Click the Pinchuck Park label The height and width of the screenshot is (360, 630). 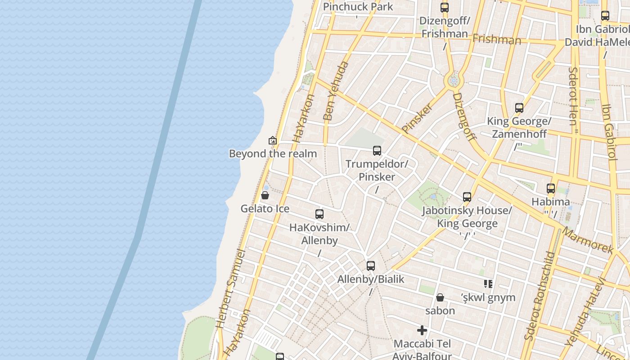[x=358, y=7]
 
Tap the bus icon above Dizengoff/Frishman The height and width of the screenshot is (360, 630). [x=445, y=7]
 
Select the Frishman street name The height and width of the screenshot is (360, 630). [x=497, y=40]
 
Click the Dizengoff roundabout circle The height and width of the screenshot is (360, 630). [x=454, y=81]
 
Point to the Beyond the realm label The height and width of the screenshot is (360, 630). [x=273, y=153]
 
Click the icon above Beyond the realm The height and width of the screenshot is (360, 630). [x=272, y=140]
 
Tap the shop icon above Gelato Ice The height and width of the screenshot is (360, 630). [x=265, y=195]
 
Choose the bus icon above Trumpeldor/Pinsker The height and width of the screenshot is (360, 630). [x=377, y=151]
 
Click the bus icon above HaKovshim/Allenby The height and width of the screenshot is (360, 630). [x=319, y=214]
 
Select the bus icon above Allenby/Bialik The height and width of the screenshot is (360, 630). [x=371, y=266]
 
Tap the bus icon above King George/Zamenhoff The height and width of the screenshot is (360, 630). [x=519, y=108]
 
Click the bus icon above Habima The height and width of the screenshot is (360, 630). [x=551, y=189]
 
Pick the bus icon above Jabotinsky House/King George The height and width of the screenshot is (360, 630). [x=467, y=197]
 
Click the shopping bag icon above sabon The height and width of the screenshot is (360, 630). [x=440, y=297]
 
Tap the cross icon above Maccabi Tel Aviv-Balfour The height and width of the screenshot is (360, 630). [x=422, y=331]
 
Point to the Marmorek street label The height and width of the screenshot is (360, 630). [x=588, y=241]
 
